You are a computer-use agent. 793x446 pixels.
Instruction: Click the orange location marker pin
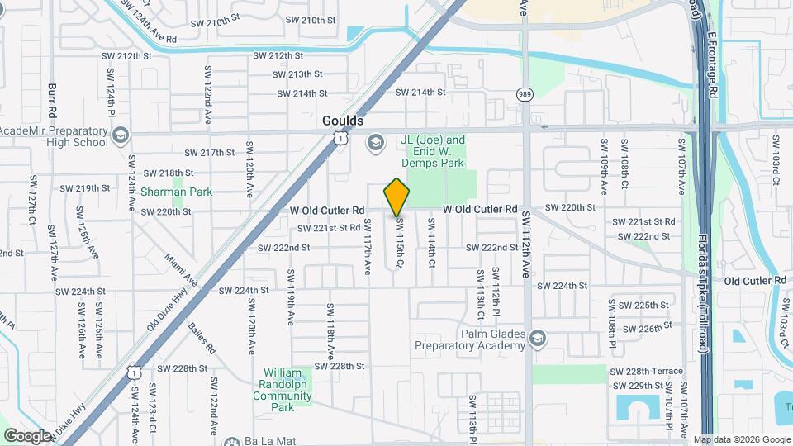[x=397, y=197]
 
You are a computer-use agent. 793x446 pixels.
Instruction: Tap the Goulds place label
[x=342, y=121]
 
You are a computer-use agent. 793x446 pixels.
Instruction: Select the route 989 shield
[x=525, y=93]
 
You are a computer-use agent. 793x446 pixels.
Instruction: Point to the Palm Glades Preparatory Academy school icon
[x=538, y=339]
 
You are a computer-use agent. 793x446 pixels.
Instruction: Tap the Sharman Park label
[x=177, y=192]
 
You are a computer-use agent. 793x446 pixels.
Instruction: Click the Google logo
[x=28, y=435]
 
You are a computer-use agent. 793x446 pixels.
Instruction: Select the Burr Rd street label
[x=51, y=100]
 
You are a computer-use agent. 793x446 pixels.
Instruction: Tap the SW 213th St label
[x=288, y=74]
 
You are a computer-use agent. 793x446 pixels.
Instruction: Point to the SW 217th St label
[x=210, y=153]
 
